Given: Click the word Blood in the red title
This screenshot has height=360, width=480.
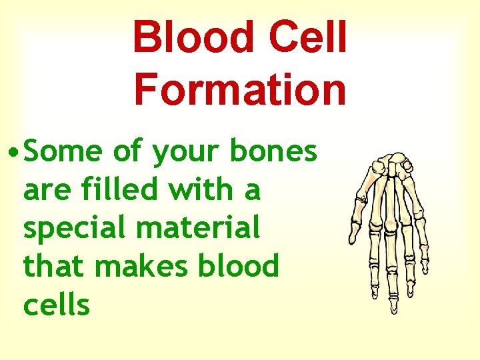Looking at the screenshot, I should point(189,37).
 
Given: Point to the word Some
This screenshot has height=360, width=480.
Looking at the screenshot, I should point(64,153).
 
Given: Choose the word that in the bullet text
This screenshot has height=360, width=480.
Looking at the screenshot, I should point(55,267).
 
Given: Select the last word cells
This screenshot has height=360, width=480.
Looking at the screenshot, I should point(56,305).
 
